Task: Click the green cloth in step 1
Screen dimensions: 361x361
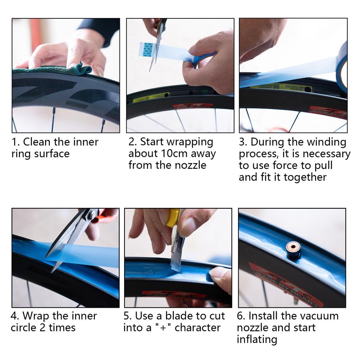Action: (x=53, y=70)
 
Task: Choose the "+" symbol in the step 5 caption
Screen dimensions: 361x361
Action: (x=163, y=328)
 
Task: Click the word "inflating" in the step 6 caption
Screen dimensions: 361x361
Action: (x=257, y=339)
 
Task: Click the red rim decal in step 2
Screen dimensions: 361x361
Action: (x=193, y=106)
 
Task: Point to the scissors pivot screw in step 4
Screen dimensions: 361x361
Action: (x=92, y=214)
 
